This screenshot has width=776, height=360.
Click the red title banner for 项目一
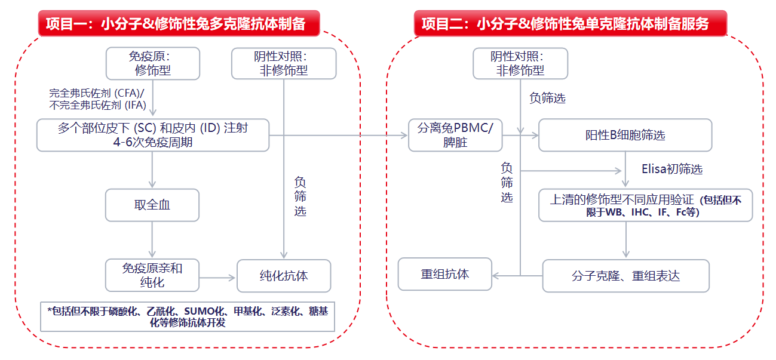179,24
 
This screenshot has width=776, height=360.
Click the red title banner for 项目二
570,24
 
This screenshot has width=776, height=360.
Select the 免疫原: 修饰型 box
153,63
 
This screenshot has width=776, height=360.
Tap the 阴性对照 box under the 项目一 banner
284,63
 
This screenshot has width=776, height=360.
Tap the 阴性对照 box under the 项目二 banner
520,63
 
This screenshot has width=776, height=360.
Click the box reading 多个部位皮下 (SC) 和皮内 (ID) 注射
153,135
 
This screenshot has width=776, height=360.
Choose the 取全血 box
152,205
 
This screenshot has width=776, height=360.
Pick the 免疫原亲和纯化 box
152,275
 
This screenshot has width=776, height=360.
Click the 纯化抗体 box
284,276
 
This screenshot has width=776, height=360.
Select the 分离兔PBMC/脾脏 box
455,135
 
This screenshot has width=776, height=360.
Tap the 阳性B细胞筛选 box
625,135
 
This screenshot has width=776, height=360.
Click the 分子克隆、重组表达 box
625,276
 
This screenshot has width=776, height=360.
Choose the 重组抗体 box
445,274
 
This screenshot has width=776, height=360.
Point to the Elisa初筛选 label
671,169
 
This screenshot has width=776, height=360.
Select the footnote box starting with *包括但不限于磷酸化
188,316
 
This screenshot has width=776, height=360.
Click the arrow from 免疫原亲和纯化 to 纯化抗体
218,278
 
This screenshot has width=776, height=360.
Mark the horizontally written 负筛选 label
547,99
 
